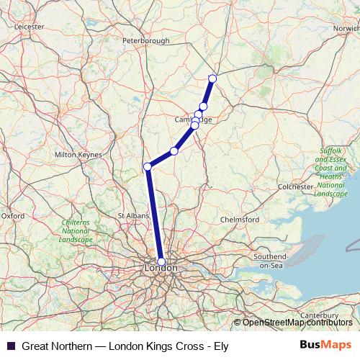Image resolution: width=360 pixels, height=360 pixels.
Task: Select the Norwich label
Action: (346, 28)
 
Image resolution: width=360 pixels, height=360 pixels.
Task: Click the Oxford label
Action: (13, 215)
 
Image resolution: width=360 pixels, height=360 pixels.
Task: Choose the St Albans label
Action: (132, 215)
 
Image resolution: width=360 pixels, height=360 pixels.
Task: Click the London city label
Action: (161, 268)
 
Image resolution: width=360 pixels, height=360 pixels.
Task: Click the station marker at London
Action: (161, 262)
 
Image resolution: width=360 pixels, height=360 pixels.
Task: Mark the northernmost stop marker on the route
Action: (212, 78)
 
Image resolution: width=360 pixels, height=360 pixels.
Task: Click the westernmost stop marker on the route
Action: (148, 167)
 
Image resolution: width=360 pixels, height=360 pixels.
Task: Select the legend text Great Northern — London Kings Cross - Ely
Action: (125, 346)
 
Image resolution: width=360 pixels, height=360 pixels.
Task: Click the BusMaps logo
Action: (325, 346)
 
